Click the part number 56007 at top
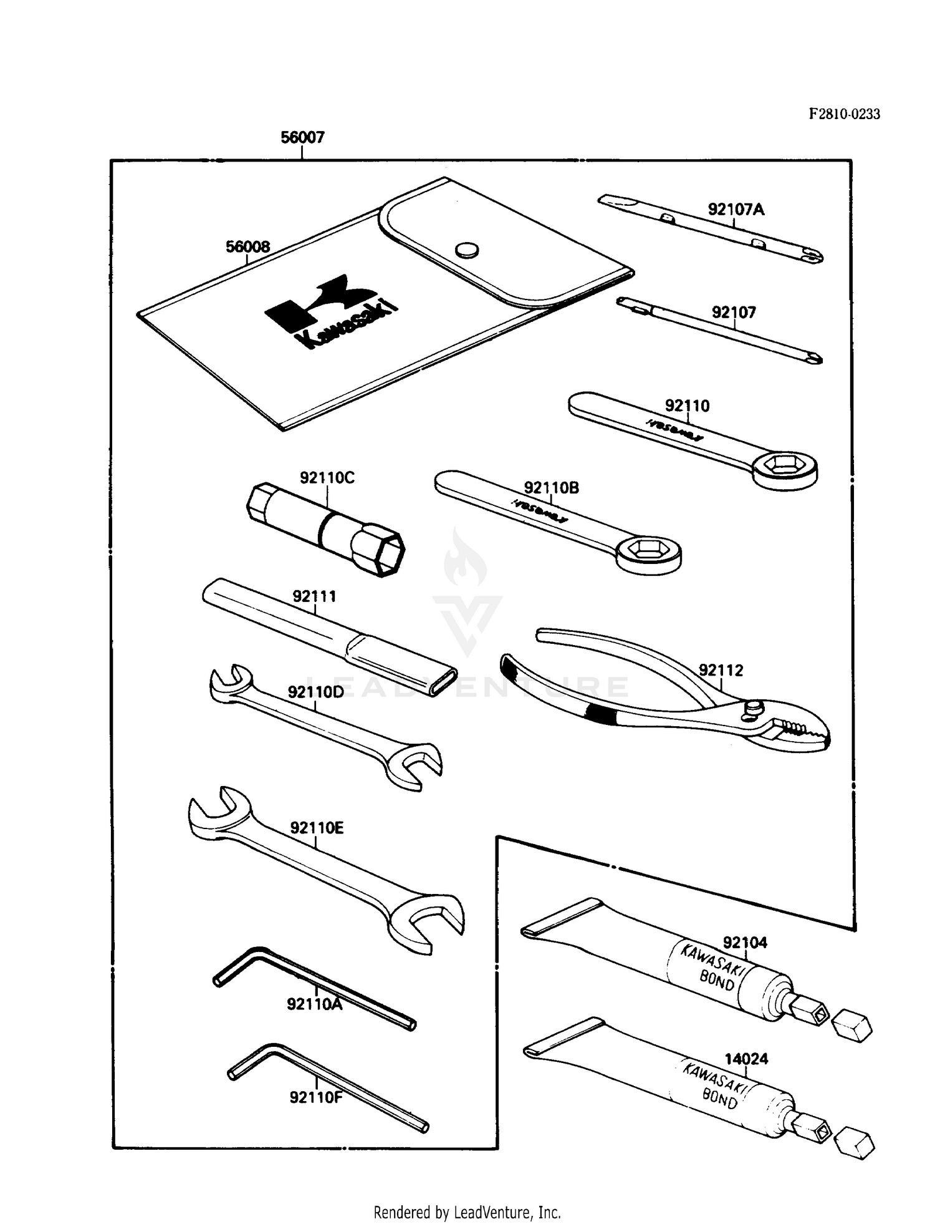302,137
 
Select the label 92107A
736,210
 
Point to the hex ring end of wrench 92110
784,469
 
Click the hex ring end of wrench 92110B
648,551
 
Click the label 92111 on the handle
314,596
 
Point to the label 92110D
315,692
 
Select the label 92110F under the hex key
316,1097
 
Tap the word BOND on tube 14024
720,1099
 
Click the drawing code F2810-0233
844,114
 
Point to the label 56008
247,247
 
